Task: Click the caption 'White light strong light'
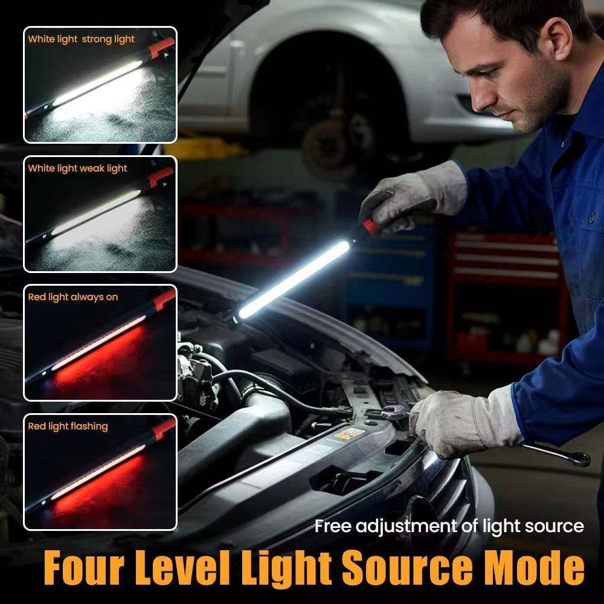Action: [x=81, y=39]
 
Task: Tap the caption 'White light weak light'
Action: [x=77, y=169]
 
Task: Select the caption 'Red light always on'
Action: [x=72, y=297]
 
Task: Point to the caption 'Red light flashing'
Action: [x=68, y=426]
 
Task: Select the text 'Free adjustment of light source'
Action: [x=449, y=526]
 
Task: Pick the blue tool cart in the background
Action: [x=387, y=284]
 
